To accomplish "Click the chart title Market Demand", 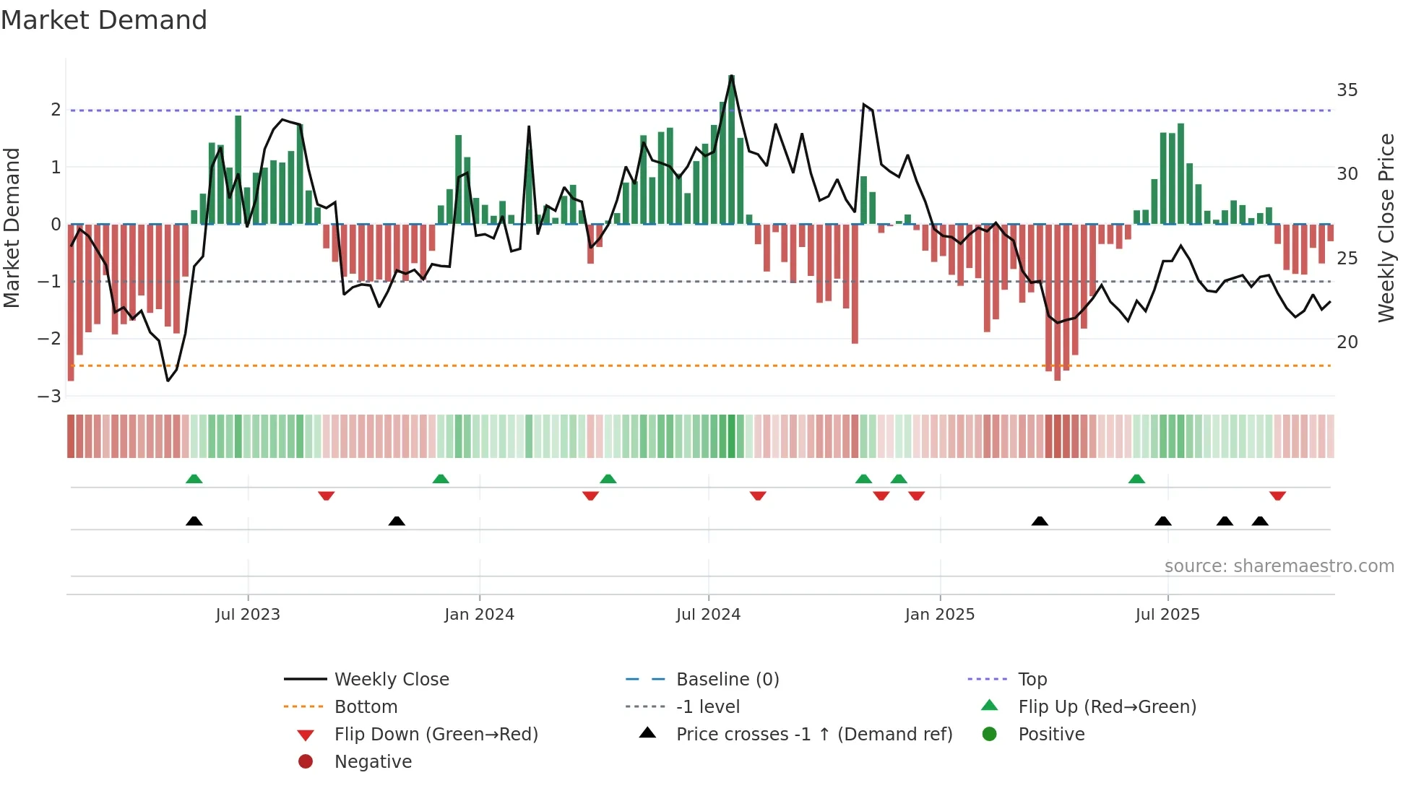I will pos(104,20).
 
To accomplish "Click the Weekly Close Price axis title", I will pos(1386,228).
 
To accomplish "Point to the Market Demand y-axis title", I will pos(12,228).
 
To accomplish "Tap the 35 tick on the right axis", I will pos(1347,90).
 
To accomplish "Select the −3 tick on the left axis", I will pos(50,396).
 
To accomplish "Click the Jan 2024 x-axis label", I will pos(479,615).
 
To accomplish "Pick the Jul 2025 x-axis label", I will pos(1167,615).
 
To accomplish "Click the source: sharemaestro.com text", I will pos(1279,566).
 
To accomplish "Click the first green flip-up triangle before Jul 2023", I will pos(194,479).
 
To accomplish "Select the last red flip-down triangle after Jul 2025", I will pos(1277,496).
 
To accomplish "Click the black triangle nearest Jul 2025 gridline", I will pos(1163,521).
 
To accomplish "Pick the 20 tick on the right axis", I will pos(1347,342).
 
